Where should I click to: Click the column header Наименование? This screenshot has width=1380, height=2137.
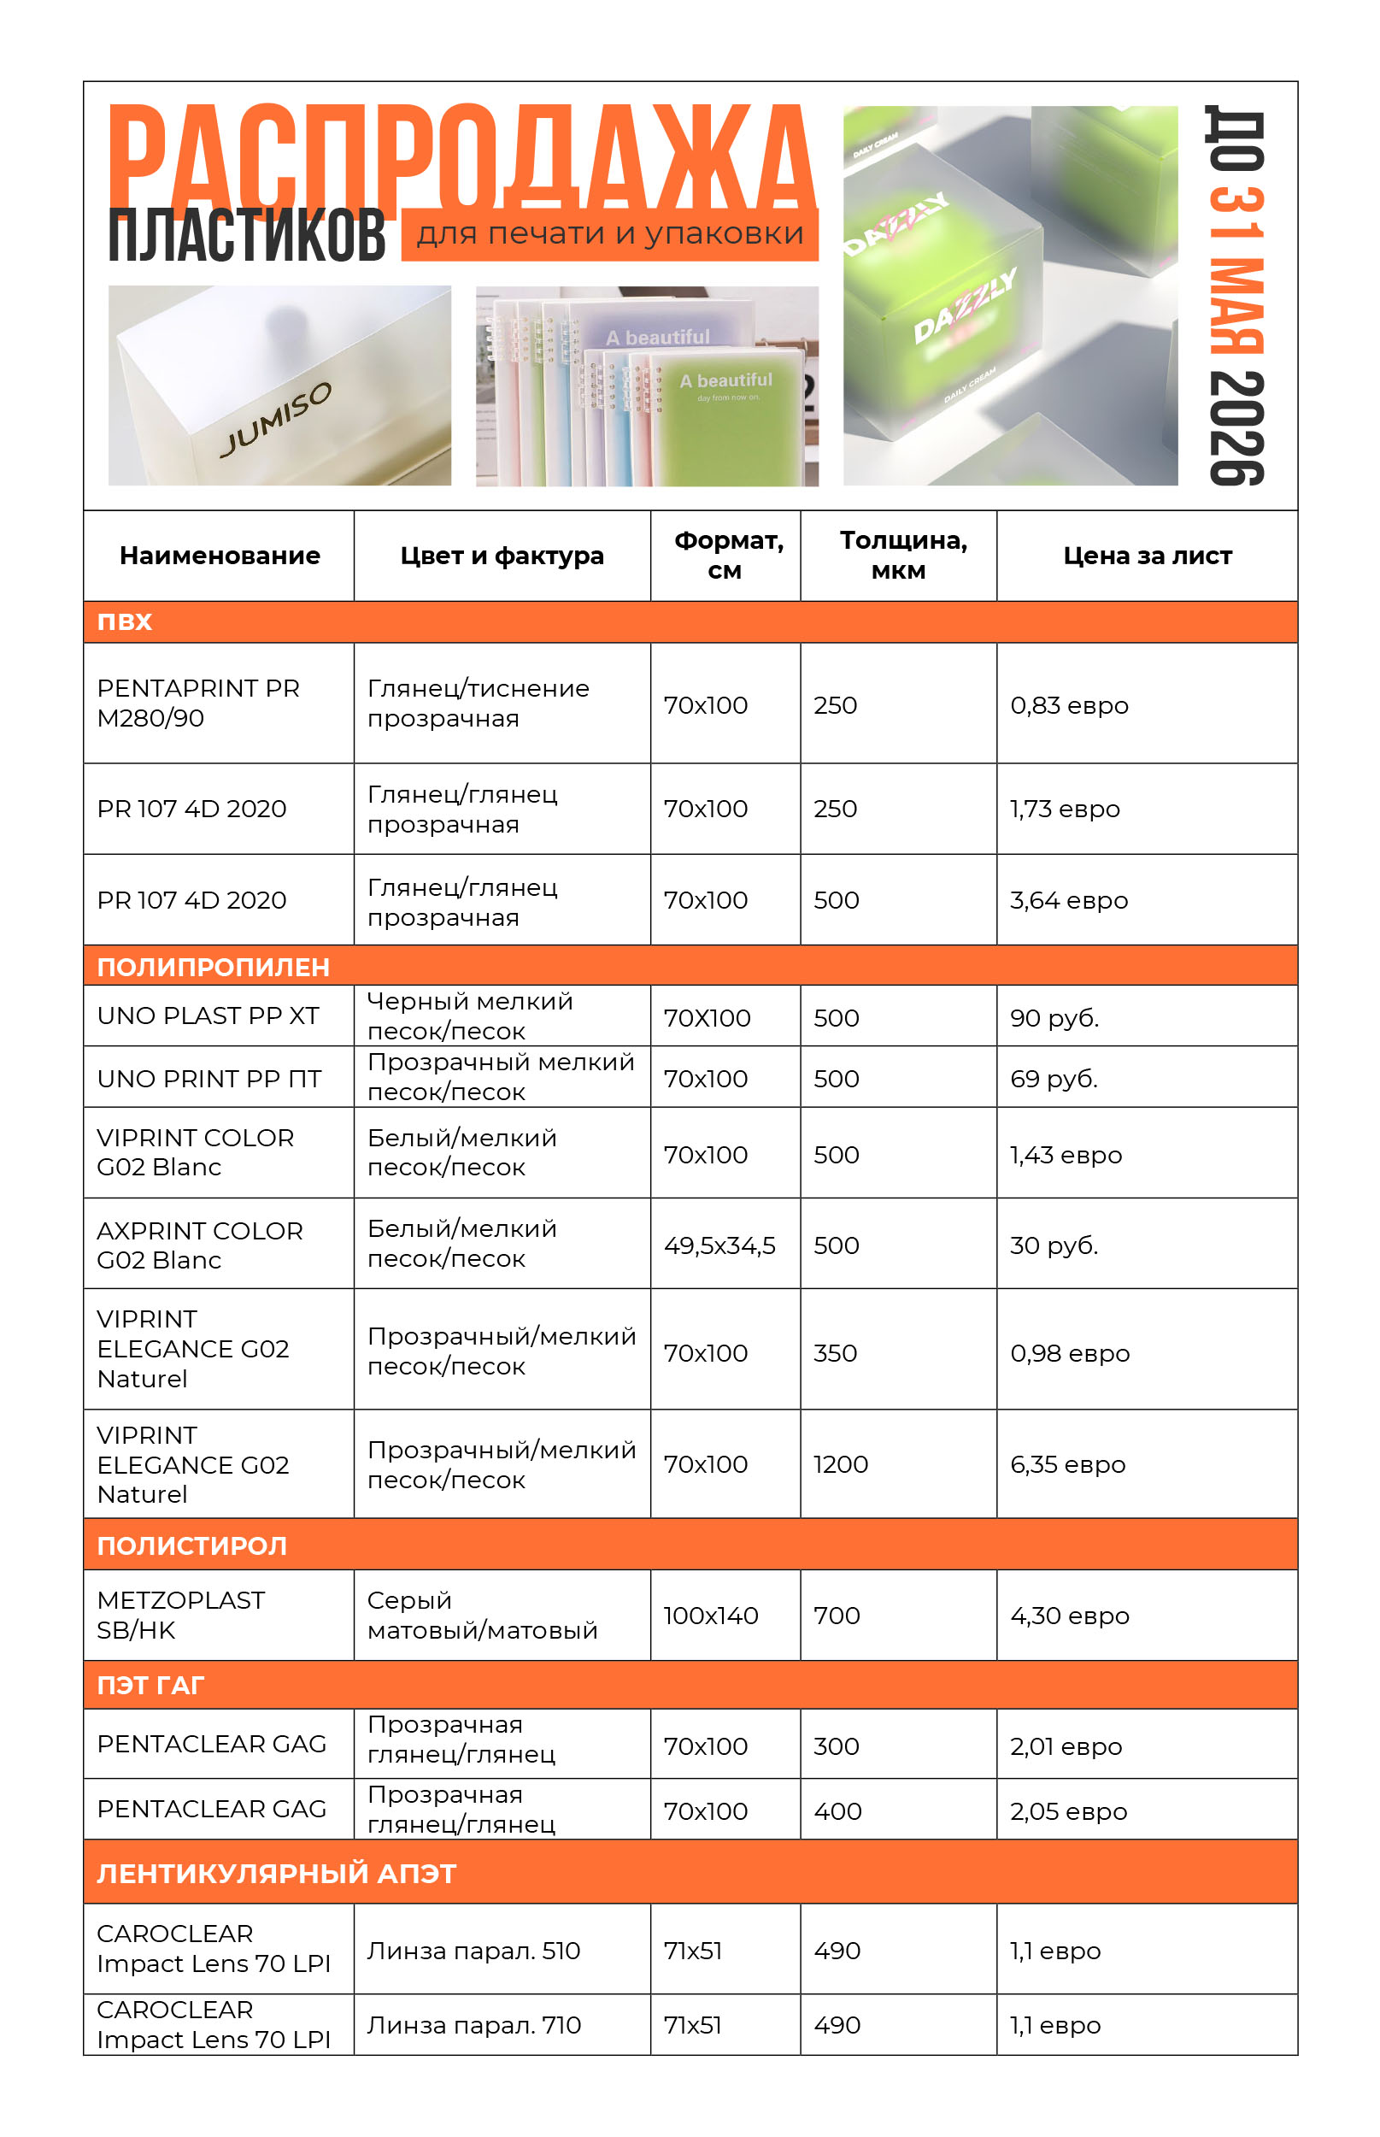click(x=220, y=556)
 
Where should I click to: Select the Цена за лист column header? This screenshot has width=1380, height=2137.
click(x=1147, y=556)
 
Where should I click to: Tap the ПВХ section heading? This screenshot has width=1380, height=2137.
click(x=125, y=622)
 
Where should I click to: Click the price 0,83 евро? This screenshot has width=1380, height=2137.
click(x=1068, y=705)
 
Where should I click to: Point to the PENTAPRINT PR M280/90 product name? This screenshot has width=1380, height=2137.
click(x=198, y=704)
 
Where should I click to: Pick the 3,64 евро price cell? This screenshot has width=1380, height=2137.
click(x=1068, y=900)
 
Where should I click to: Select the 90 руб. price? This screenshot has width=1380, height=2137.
click(x=1054, y=1018)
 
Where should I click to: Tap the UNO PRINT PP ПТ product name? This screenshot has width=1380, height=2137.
click(x=208, y=1079)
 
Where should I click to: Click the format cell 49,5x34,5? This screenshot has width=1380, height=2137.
click(x=719, y=1245)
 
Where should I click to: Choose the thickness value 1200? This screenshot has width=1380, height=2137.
click(x=840, y=1463)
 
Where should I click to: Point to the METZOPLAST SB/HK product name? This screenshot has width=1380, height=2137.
click(x=180, y=1616)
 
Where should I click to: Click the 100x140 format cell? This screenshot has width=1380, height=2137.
click(x=711, y=1616)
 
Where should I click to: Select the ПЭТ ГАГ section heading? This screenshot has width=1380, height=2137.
click(x=150, y=1685)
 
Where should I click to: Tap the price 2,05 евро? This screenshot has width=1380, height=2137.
click(x=1068, y=1811)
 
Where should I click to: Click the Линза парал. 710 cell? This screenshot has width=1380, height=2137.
click(x=474, y=2025)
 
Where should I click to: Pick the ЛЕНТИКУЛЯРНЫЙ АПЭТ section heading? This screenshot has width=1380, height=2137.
click(x=276, y=1874)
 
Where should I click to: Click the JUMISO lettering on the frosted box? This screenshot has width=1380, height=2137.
click(x=276, y=418)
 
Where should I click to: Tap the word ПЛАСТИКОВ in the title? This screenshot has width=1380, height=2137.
click(x=246, y=236)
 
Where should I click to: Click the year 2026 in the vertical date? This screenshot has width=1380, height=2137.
click(x=1236, y=428)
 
